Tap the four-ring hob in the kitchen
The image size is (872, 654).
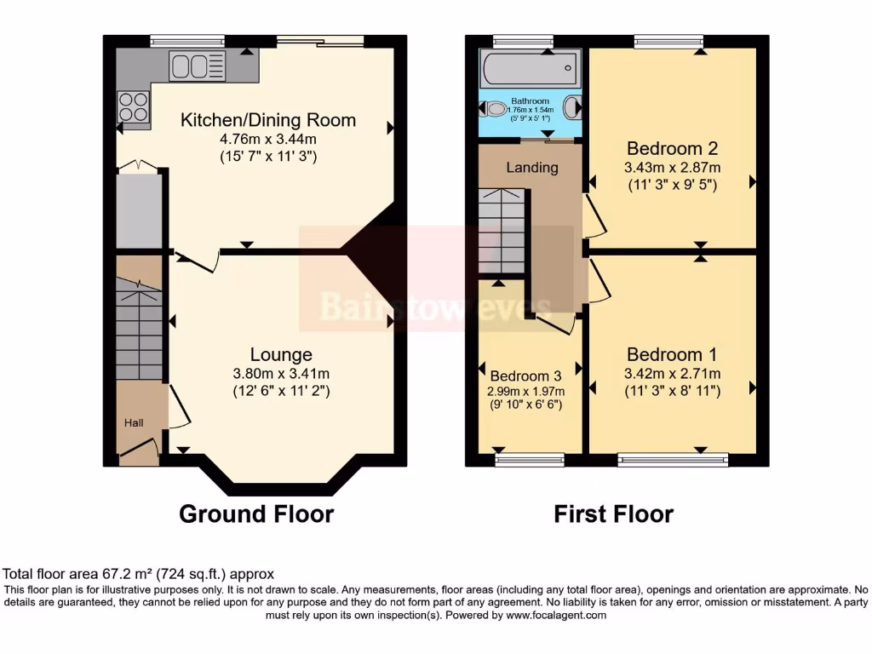pos(132,106)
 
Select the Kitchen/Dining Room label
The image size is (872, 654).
pos(267,120)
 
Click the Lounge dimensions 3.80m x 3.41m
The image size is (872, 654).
pos(280,373)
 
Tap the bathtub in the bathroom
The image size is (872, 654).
pos(530,67)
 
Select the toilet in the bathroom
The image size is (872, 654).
pos(493,109)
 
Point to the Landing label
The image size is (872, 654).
pos(532,167)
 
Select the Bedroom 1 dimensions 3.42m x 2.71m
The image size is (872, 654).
pos(672,373)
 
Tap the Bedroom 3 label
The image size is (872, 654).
pos(525,376)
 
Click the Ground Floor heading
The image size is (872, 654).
pos(255,514)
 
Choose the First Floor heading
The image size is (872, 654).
pos(613,514)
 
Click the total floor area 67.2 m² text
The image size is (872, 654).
pos(139,574)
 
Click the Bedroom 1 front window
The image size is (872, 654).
pos(673,461)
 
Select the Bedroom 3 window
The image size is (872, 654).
pos(530,461)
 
